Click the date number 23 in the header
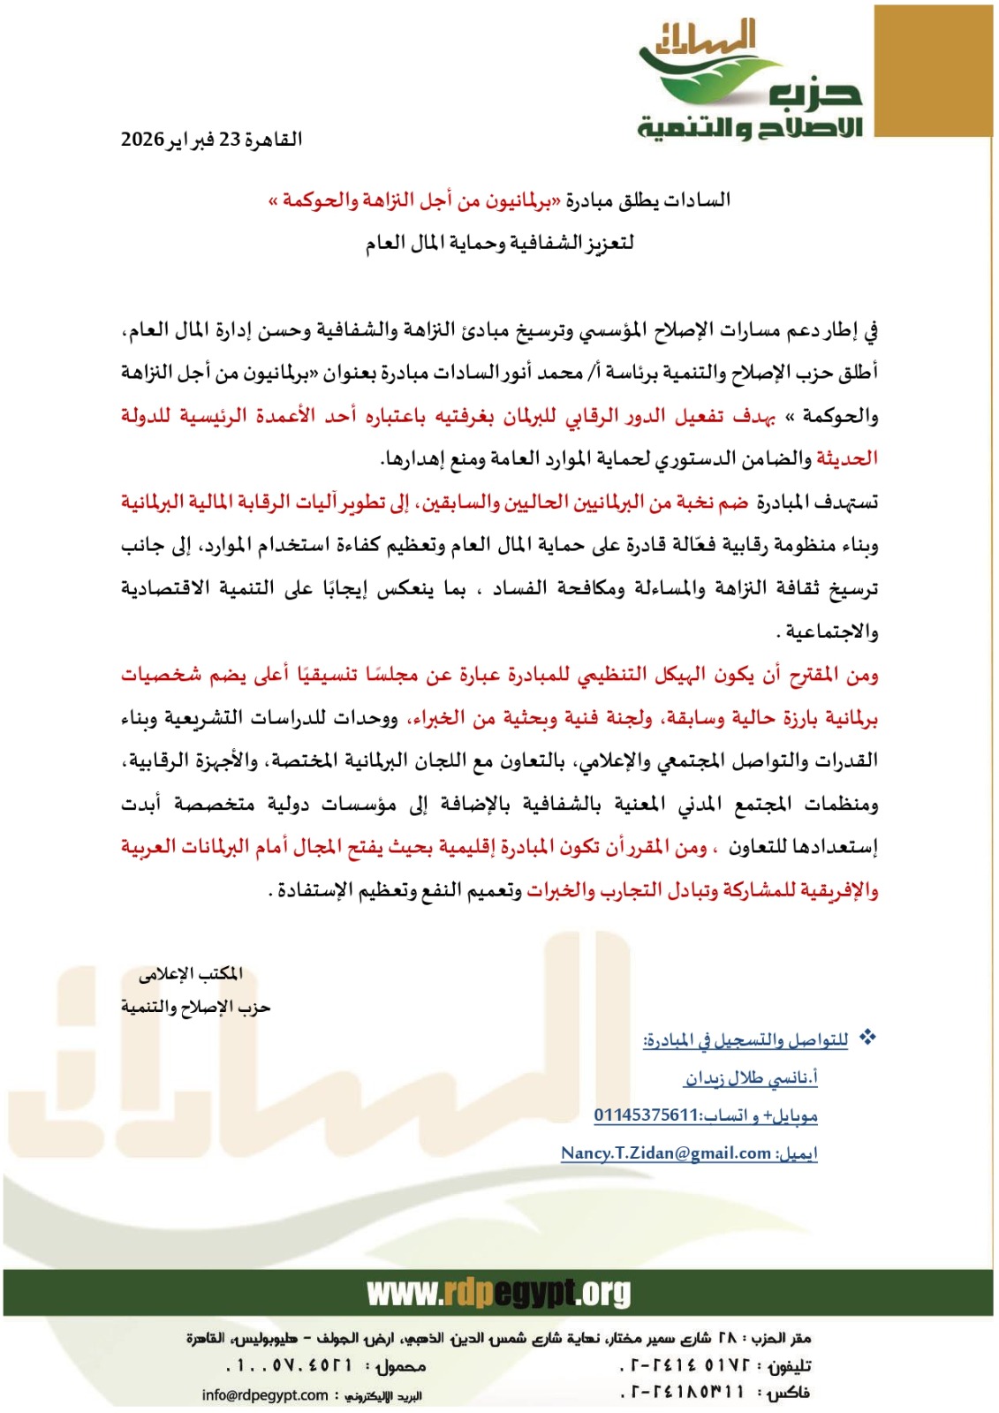[x=230, y=140]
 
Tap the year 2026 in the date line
[x=142, y=140]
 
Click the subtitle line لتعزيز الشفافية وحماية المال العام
[x=500, y=243]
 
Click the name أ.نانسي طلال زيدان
[x=751, y=1078]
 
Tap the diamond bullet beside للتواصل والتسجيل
[x=868, y=1038]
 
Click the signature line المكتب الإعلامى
[x=191, y=974]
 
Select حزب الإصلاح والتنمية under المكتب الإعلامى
[x=195, y=1008]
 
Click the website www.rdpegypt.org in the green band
[x=499, y=1294]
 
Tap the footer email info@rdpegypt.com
[x=265, y=1395]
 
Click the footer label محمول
[x=401, y=1366]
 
